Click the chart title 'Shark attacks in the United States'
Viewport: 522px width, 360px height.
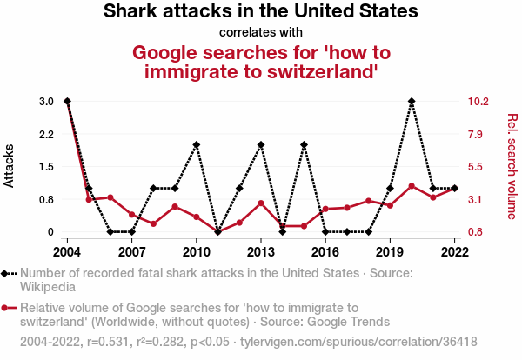pyautogui.click(x=261, y=12)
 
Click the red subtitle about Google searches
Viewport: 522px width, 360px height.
pyautogui.click(x=261, y=61)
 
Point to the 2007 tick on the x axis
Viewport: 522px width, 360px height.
pyautogui.click(x=131, y=251)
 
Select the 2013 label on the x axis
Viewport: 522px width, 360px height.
pyautogui.click(x=260, y=251)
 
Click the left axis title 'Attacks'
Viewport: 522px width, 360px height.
pyautogui.click(x=10, y=166)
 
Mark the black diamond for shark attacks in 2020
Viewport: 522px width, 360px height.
pyautogui.click(x=412, y=102)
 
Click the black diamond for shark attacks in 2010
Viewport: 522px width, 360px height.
pyautogui.click(x=197, y=144)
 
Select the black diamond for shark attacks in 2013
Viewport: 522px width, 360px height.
pyautogui.click(x=261, y=144)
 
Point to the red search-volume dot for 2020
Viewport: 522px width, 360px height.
pyautogui.click(x=412, y=186)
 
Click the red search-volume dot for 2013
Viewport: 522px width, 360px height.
pyautogui.click(x=261, y=203)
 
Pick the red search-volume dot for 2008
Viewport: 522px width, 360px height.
pyautogui.click(x=153, y=224)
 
